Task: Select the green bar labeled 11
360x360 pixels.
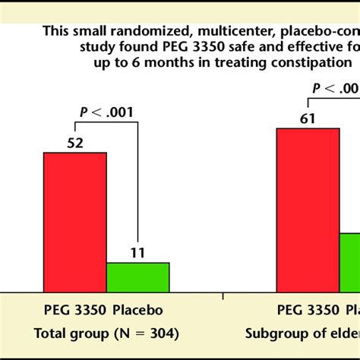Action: [137, 276]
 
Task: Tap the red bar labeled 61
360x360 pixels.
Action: [308, 210]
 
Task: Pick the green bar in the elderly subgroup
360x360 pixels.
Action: [350, 262]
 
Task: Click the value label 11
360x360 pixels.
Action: [138, 252]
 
